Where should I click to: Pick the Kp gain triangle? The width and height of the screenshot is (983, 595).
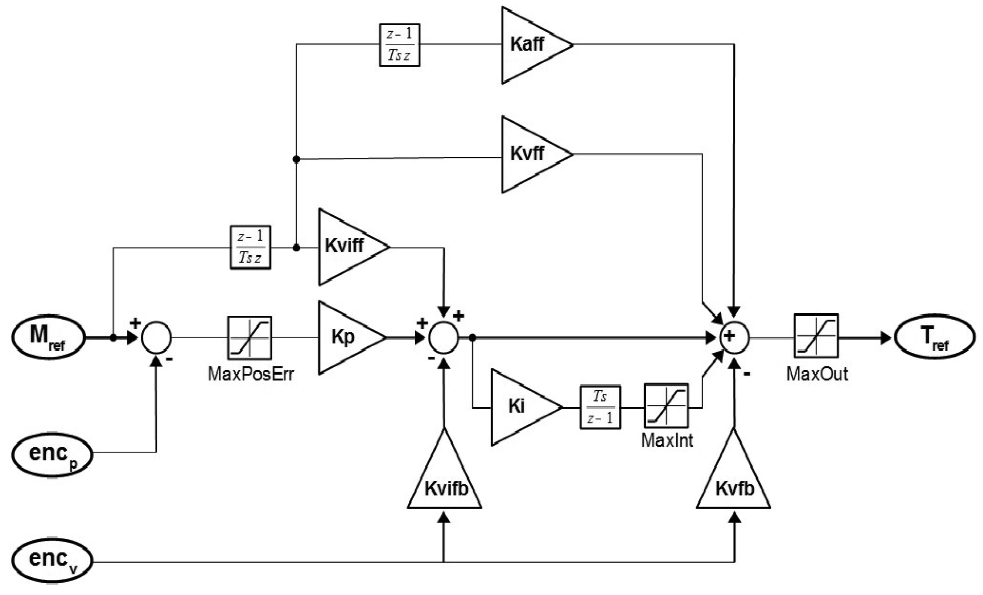pos(346,337)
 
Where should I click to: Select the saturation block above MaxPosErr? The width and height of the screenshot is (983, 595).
pos(250,338)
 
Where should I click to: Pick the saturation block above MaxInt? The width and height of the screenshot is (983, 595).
pos(666,406)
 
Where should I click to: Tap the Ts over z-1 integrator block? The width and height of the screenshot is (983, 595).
pos(600,407)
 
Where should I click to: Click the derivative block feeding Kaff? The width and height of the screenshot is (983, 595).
pos(400,45)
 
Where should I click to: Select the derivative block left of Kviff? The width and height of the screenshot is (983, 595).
pos(250,247)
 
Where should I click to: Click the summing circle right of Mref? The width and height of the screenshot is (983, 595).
pos(156,338)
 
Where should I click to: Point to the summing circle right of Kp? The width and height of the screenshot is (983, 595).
pos(444,338)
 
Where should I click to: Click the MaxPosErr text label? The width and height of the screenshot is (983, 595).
pos(251,374)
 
